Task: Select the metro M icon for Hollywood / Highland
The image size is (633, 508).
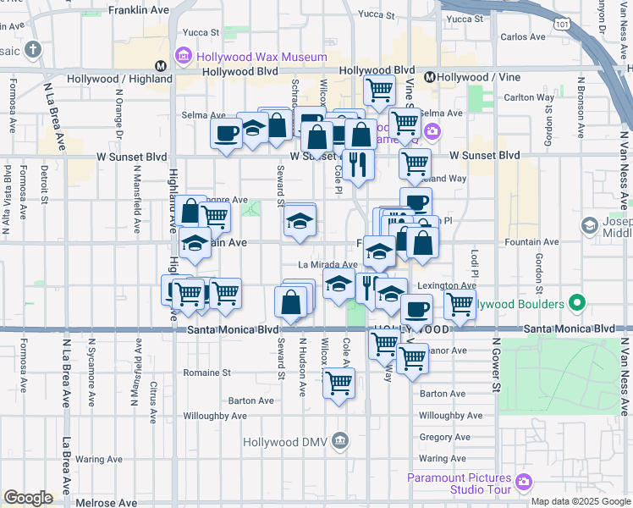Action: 159,66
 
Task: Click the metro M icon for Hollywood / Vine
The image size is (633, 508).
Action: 430,77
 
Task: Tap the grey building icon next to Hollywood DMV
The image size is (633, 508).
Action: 340,440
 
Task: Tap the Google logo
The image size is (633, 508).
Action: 28,498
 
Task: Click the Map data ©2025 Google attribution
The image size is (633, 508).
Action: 581,501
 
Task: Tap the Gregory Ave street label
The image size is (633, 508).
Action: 443,437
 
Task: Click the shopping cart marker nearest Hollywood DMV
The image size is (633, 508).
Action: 339,383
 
